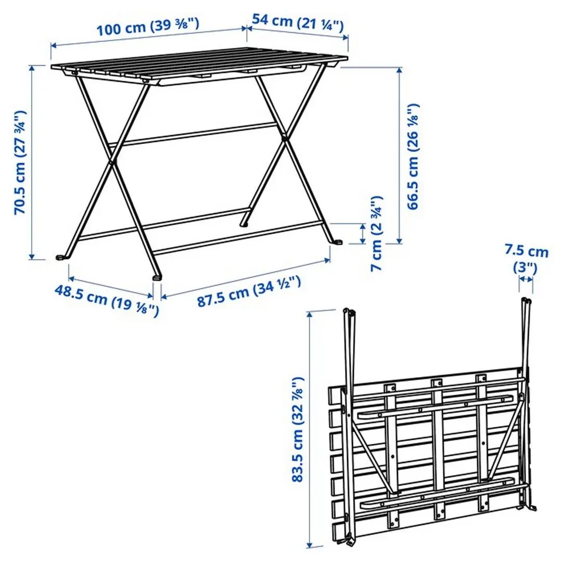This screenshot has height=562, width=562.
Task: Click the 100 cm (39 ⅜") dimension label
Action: pos(148,26)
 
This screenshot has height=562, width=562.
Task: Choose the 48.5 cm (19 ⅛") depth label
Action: pos(106,301)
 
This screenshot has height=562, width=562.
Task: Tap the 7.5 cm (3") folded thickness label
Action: pos(526,260)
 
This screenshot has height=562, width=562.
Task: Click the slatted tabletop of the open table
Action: pos(198,65)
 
